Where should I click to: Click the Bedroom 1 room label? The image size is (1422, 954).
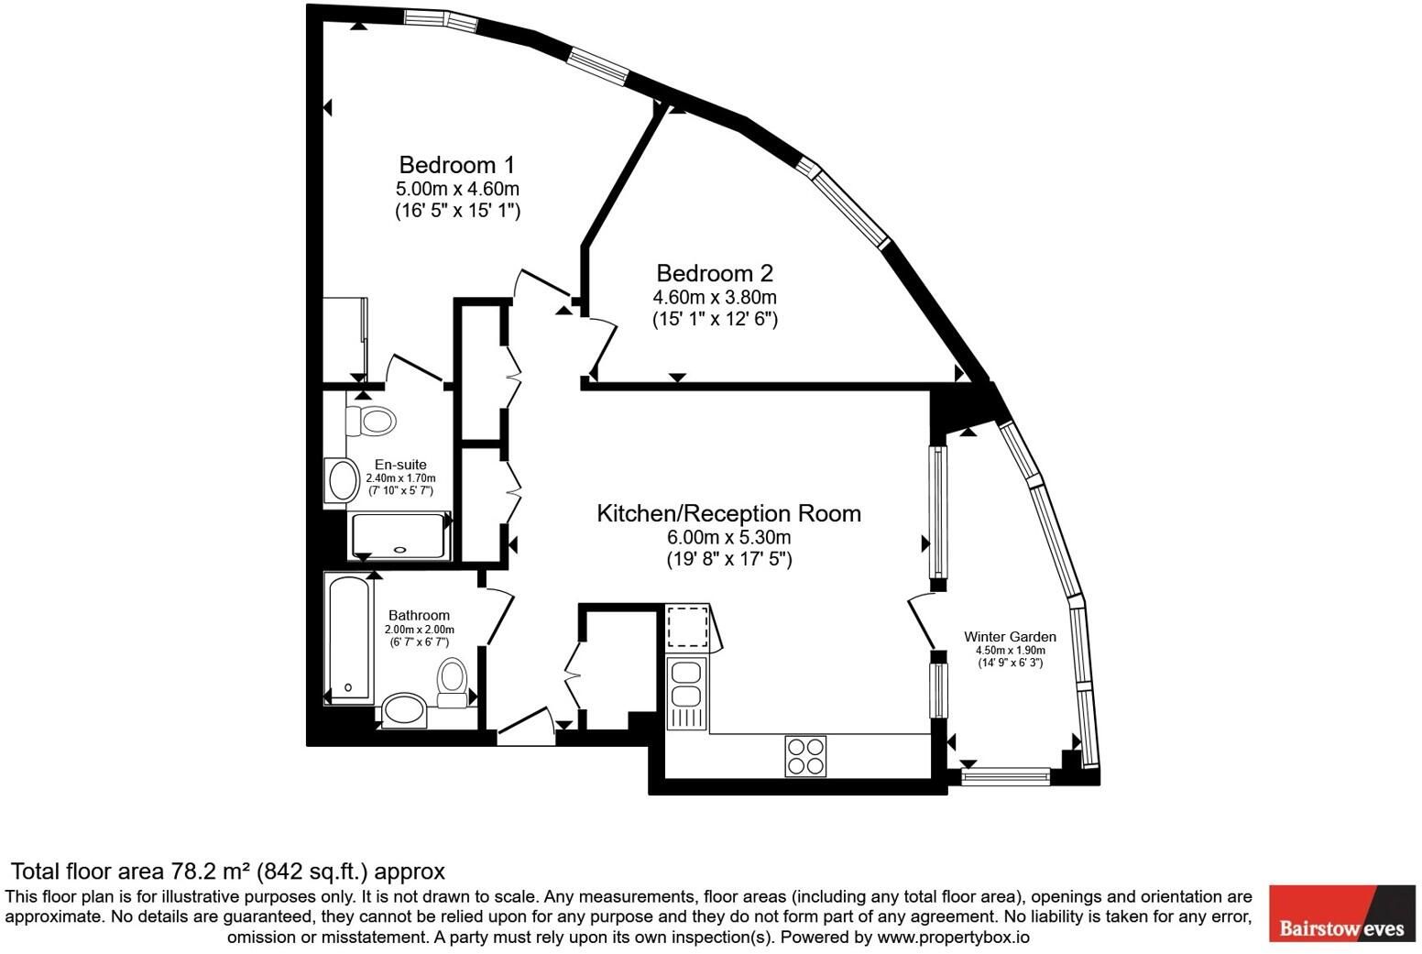pyautogui.click(x=456, y=165)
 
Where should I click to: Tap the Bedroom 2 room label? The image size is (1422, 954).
pyautogui.click(x=715, y=273)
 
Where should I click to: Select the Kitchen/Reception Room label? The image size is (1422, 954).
pyautogui.click(x=728, y=513)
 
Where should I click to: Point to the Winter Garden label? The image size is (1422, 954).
pyautogui.click(x=1010, y=636)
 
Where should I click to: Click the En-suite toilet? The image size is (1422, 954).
pyautogui.click(x=371, y=421)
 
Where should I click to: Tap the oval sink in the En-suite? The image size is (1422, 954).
pyautogui.click(x=343, y=480)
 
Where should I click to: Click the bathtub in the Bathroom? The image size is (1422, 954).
pyautogui.click(x=348, y=637)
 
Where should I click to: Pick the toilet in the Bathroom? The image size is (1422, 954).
pyautogui.click(x=452, y=683)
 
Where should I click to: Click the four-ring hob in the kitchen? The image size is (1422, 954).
pyautogui.click(x=805, y=756)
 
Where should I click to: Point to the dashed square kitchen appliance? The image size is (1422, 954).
pyautogui.click(x=687, y=628)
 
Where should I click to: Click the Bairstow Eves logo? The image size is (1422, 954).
pyautogui.click(x=1342, y=914)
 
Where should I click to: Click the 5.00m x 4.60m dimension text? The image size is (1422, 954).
pyautogui.click(x=457, y=189)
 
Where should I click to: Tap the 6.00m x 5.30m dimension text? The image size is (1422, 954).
pyautogui.click(x=728, y=537)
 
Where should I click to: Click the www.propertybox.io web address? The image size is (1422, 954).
pyautogui.click(x=954, y=938)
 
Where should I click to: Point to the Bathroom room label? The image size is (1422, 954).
pyautogui.click(x=419, y=615)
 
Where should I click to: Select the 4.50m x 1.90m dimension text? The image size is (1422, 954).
pyautogui.click(x=1010, y=651)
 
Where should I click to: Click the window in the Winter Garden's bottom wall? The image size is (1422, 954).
pyautogui.click(x=1005, y=776)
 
